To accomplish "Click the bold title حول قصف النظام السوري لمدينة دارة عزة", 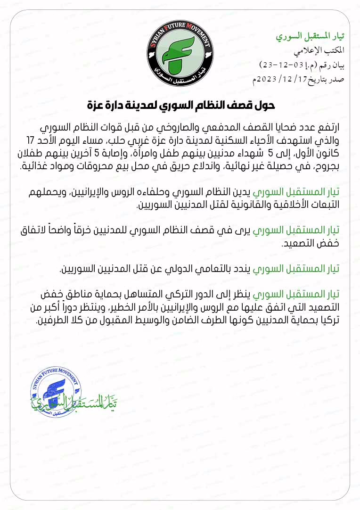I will [x=181, y=105].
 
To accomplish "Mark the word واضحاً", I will [x=86, y=231].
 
